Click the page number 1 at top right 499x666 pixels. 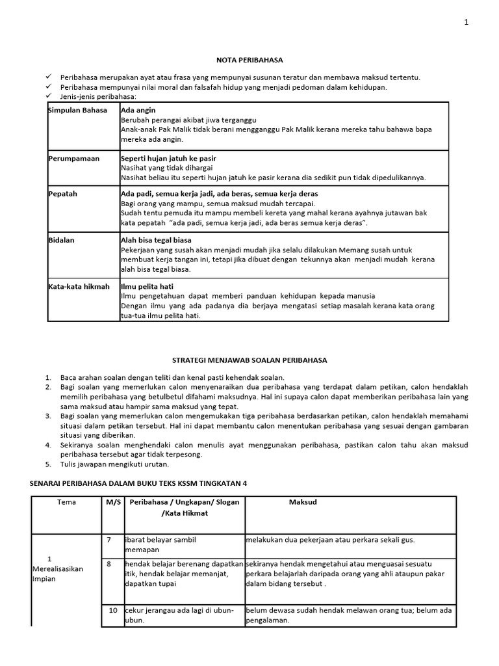466,22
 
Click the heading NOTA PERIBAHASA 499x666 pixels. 250,60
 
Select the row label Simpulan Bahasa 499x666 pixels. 73,111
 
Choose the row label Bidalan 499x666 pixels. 62,240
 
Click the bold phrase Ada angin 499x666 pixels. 138,111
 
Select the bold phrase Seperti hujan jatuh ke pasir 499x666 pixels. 169,158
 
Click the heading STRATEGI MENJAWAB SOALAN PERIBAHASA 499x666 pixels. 249,360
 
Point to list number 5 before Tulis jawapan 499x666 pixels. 48,464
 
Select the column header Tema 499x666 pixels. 66,503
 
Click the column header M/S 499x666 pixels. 113,503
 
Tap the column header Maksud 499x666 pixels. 303,503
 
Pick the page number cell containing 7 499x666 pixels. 110,540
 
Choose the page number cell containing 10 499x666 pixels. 112,610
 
